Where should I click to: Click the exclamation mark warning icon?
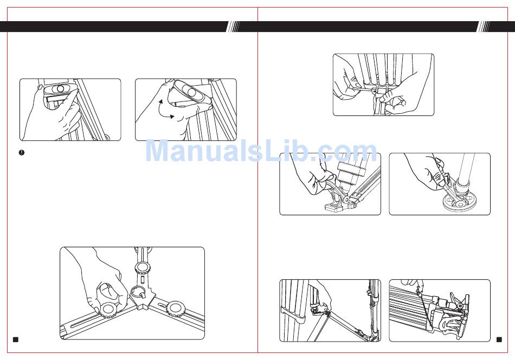point(22,152)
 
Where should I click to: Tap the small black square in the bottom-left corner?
point(15,339)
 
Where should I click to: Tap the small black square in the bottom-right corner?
point(499,339)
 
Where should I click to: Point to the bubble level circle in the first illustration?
point(60,89)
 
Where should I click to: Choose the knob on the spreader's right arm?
point(175,308)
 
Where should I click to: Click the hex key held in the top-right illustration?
point(365,87)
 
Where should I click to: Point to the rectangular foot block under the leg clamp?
point(334,207)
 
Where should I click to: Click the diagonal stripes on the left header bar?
point(234,27)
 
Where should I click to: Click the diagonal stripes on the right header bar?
point(484,27)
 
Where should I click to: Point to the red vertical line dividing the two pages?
point(258,180)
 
